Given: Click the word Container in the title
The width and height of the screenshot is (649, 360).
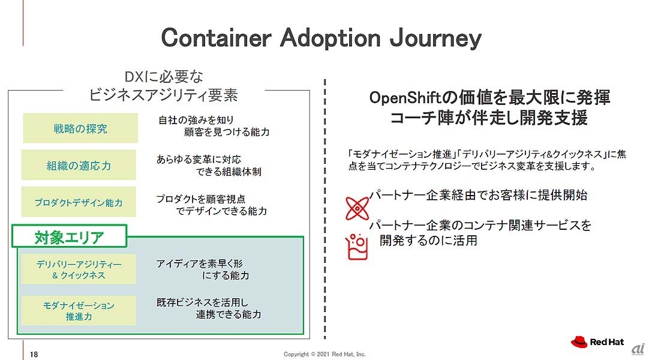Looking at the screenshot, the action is point(216,38).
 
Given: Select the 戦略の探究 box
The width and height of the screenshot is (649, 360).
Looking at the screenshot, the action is point(80,128).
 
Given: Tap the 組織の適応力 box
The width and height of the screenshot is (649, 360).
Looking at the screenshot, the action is point(79,165).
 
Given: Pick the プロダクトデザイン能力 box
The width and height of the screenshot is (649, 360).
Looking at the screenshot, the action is point(79,202).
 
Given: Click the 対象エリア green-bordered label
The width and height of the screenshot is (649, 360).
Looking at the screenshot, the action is point(69,236).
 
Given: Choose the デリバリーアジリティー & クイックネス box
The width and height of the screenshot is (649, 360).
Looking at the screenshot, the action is point(79,269).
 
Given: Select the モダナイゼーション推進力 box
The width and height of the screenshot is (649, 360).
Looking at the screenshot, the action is point(79,310).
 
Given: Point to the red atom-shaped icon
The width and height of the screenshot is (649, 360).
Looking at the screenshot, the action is point(357,208).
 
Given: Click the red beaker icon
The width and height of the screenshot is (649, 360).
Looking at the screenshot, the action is point(357,247).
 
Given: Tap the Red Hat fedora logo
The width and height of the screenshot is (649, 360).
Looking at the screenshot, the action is point(579,342).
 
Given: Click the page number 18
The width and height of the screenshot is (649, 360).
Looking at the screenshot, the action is point(34,354).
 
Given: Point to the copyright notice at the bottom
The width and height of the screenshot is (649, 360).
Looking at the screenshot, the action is point(324,354).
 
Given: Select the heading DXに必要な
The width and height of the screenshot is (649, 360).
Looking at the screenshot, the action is point(164,77).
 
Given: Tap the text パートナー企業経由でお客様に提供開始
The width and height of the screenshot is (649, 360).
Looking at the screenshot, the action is point(478,195).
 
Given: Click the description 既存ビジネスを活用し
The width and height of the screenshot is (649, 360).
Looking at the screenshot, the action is point(202,302).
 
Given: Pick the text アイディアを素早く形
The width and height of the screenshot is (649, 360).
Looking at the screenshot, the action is point(199,263).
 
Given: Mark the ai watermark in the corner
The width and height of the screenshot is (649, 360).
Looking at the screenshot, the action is point(638,349).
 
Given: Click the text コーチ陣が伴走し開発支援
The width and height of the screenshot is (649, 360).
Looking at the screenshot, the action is point(488,118).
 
